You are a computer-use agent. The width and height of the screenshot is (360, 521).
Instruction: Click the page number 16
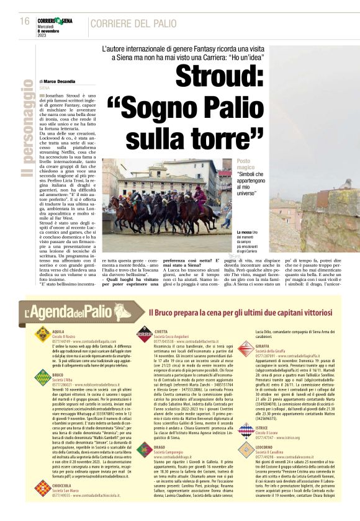tap(25, 21)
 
